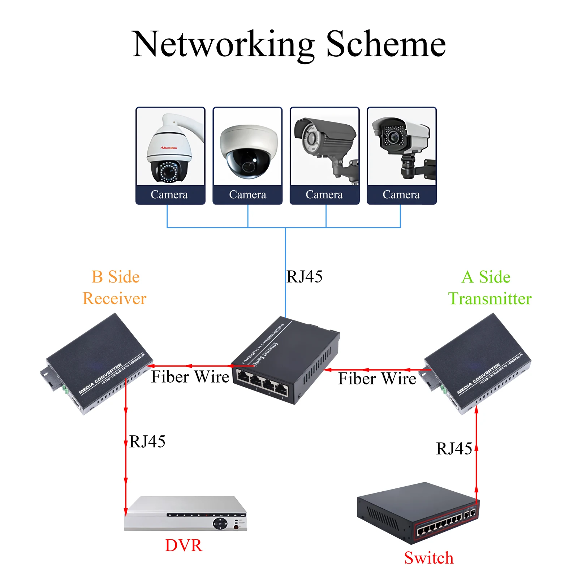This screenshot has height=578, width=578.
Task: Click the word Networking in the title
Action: [223, 45]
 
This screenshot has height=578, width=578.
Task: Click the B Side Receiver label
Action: [115, 288]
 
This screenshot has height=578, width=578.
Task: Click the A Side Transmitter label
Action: [489, 288]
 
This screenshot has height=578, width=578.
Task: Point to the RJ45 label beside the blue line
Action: [304, 277]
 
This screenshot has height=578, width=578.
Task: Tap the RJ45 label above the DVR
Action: [147, 441]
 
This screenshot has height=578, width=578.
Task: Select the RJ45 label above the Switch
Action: [454, 449]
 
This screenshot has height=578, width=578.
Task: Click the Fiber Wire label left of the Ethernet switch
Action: [190, 377]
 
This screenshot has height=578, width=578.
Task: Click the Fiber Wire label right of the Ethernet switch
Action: [377, 379]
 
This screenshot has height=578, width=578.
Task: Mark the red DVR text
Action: [184, 545]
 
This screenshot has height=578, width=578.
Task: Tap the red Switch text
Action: [428, 558]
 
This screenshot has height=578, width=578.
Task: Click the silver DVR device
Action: [185, 514]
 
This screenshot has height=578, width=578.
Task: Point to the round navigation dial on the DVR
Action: [220, 523]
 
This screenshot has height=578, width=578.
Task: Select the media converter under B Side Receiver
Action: [97, 363]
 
